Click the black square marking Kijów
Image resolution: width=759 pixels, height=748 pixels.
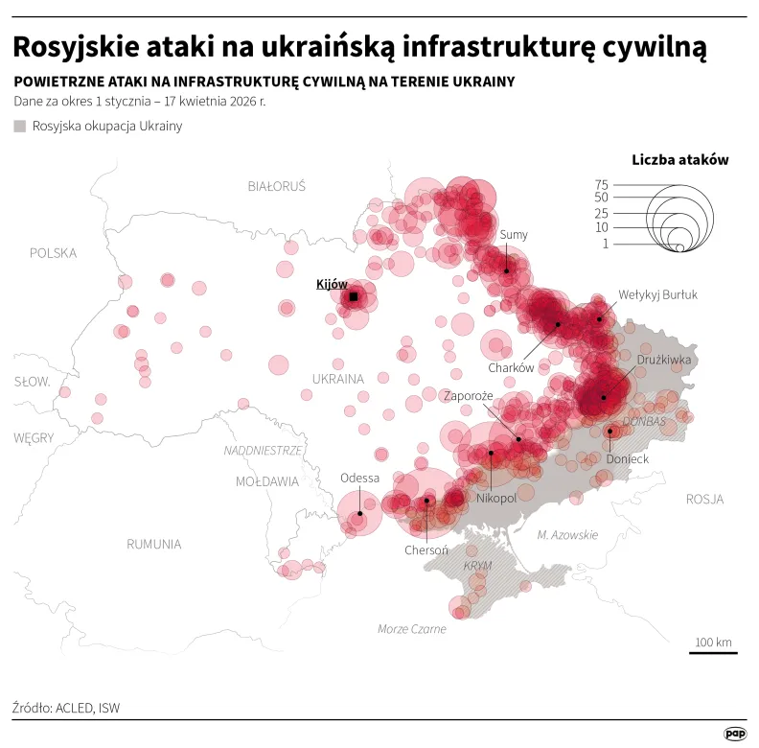pos(353,297)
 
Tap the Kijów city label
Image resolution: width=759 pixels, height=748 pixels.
pos(332,284)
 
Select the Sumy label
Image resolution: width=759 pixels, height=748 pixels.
pos(514,235)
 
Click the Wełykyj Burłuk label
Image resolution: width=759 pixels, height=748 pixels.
pos(657,294)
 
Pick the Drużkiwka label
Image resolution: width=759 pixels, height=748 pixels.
pos(663,361)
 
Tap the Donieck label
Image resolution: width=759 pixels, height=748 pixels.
pos(628,459)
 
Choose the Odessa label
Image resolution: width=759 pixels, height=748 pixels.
pos(359,478)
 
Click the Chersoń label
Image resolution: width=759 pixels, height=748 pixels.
pos(426,549)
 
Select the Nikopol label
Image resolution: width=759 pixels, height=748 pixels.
pos(496,499)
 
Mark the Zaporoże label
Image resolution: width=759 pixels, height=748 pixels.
pos(468,395)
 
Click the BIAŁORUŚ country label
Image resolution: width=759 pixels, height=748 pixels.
pos(276,186)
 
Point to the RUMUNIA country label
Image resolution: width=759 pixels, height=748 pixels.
pos(153,544)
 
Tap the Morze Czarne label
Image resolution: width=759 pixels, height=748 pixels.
pos(411,629)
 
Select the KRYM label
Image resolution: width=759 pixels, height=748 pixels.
pos(476,566)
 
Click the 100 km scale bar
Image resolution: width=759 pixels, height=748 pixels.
pos(713,653)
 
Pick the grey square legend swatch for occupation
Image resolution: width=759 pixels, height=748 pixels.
pos(20,126)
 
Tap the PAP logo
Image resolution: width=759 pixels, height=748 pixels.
pos(735,733)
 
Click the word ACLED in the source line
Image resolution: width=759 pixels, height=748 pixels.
pos(74,709)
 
